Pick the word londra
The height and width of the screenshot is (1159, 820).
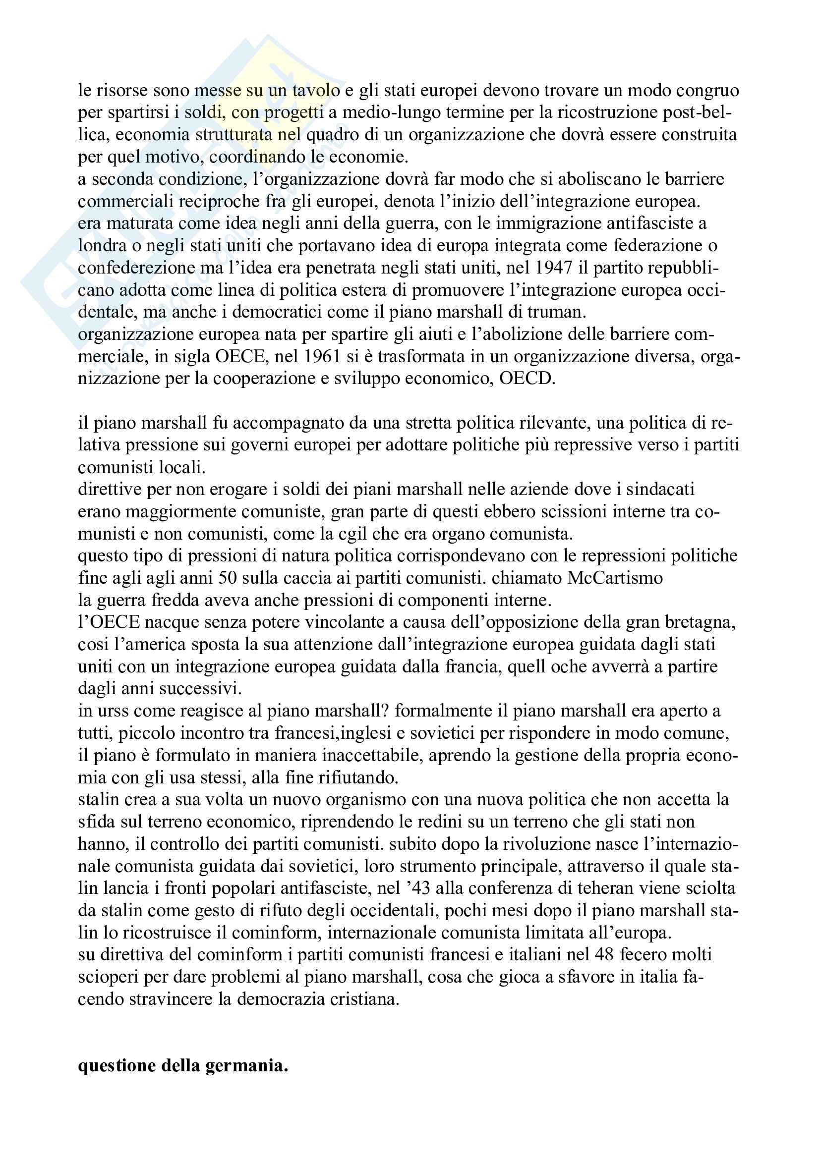(95, 246)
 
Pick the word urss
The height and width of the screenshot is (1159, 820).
(105, 711)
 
